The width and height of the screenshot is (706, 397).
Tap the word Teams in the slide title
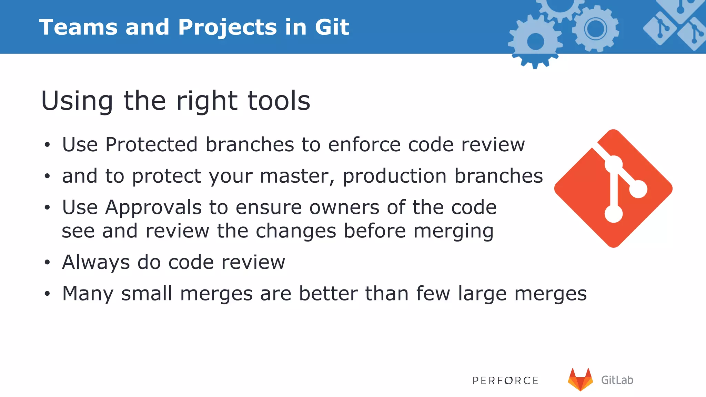pos(78,27)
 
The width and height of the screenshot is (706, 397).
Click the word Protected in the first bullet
pos(151,144)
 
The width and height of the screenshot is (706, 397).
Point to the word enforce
pos(364,144)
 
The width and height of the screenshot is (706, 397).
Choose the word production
pos(394,176)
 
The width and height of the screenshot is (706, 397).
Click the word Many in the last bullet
pos(88,294)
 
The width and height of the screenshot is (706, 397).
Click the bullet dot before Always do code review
pos(47,263)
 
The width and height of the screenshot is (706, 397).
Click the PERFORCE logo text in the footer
pos(505,380)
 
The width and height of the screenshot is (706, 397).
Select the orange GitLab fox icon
pos(580,380)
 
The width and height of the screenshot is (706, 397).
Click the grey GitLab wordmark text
pos(617,380)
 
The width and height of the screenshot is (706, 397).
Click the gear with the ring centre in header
pos(595,29)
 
